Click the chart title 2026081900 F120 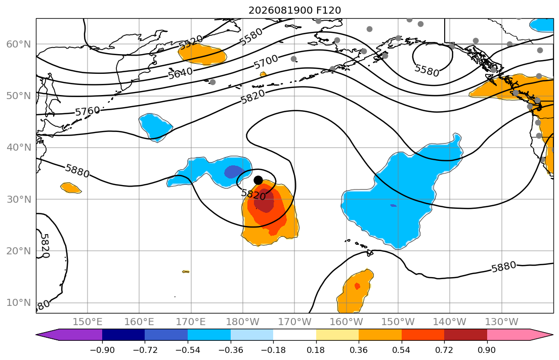tap(294, 10)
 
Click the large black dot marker tap(258, 181)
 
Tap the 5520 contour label tap(191, 42)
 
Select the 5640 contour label tap(181, 73)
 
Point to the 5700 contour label tap(266, 62)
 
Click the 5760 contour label tap(88, 112)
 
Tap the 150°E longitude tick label tap(88, 322)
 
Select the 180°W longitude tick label tap(243, 322)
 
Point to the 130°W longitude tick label tap(502, 322)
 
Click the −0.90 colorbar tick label tap(102, 350)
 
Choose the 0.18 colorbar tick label tap(316, 350)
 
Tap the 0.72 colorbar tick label tap(444, 350)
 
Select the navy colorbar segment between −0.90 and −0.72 tap(123, 335)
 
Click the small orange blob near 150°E tap(71, 188)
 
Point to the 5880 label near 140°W tap(504, 266)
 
